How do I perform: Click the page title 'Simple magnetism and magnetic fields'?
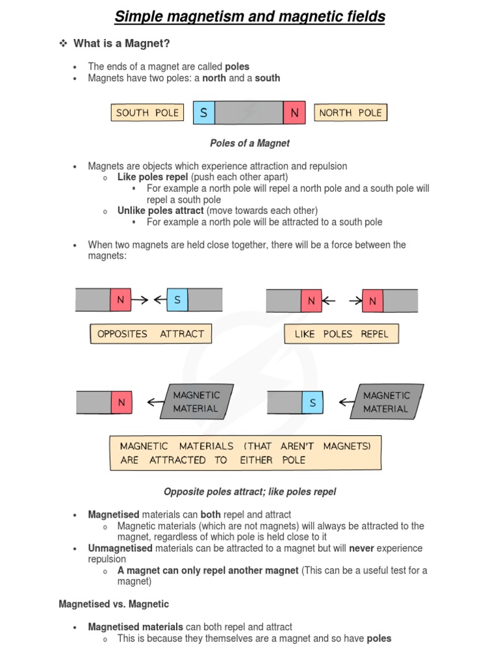tap(249, 16)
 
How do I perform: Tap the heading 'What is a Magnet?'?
tap(122, 43)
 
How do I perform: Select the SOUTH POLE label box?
tap(147, 113)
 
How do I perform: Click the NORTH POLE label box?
tap(350, 113)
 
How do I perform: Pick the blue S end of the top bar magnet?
tap(204, 113)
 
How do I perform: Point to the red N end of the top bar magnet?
tap(294, 113)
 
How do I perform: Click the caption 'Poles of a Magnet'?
tap(249, 143)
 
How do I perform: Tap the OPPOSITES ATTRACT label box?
tap(150, 334)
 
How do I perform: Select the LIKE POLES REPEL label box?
tap(341, 334)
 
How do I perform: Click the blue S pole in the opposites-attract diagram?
tap(177, 300)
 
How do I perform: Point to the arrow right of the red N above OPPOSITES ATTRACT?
tap(140, 300)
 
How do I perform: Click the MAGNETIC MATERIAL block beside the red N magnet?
tap(196, 402)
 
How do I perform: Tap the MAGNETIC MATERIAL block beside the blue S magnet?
tap(387, 402)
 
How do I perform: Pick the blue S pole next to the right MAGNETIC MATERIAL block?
tap(313, 403)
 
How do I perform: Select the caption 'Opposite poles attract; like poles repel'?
tap(249, 492)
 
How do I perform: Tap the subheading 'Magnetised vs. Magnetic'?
tap(114, 604)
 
